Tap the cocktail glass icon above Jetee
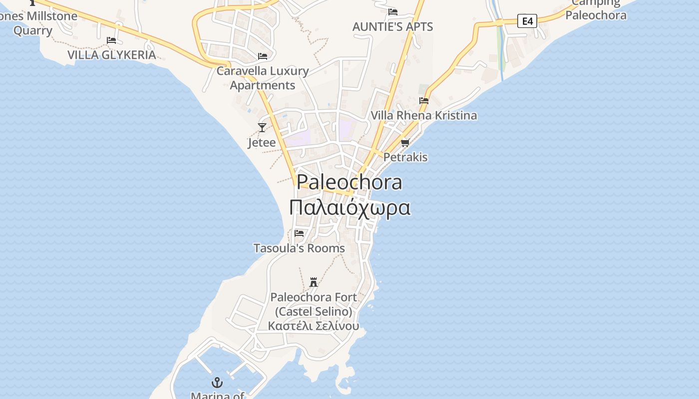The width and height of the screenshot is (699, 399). (262, 127)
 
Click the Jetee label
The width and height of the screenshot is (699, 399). (262, 143)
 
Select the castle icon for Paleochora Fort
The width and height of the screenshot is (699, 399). (314, 282)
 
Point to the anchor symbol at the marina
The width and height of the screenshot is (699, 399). (217, 383)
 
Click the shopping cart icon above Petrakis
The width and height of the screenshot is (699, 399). (405, 143)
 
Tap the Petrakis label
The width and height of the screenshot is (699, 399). (405, 157)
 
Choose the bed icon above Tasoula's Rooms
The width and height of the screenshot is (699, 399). (299, 233)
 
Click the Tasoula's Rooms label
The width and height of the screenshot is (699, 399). (299, 248)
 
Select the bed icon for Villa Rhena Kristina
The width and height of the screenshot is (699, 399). (424, 101)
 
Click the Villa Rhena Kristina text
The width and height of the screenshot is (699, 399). (423, 116)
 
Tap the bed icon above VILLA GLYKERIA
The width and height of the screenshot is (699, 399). (111, 40)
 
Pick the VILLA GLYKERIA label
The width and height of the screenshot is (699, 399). (111, 55)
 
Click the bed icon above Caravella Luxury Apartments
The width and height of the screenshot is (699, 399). (263, 56)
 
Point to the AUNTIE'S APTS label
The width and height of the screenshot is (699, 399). (392, 26)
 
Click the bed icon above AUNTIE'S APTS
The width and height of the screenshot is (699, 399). (393, 12)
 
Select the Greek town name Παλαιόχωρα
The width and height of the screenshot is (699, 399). (349, 207)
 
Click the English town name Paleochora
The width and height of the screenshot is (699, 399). (349, 182)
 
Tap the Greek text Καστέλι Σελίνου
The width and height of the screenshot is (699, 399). (314, 326)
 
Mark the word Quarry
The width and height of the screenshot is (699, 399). (33, 30)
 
